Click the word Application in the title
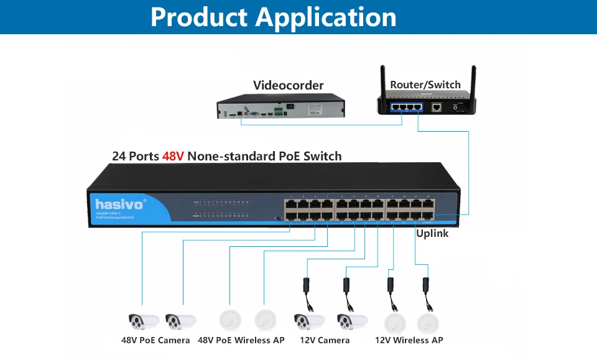(326, 17)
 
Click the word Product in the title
(200, 17)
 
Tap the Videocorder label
(288, 85)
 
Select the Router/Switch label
(425, 85)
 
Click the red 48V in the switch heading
(173, 156)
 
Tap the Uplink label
(432, 233)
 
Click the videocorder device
(280, 107)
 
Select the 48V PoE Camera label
(155, 340)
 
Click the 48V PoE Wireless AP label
(241, 340)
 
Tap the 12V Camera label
(325, 340)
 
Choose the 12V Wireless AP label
(409, 340)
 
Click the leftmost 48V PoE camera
(144, 321)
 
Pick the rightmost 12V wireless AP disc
(429, 321)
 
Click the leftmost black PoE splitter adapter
(306, 286)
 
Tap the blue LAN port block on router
(405, 107)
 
